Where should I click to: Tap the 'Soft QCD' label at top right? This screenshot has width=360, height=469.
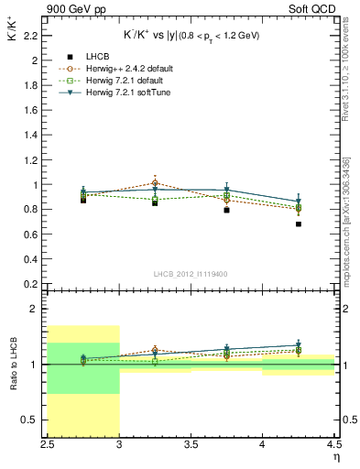click(313, 9)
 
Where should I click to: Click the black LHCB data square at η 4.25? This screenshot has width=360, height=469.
click(299, 224)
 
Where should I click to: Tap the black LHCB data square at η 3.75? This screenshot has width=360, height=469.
click(227, 210)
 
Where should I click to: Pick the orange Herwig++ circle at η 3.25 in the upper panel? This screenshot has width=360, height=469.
click(155, 183)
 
